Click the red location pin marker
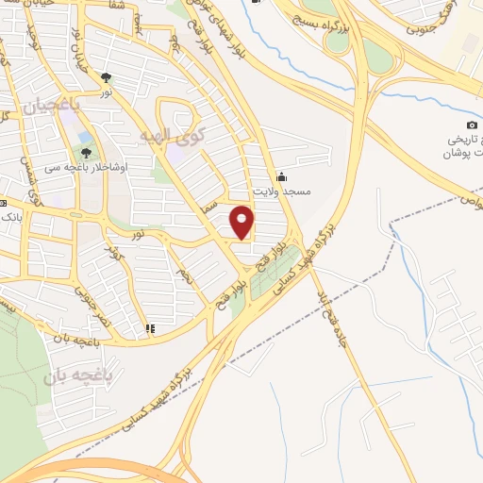[242, 222]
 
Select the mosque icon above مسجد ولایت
[281, 175]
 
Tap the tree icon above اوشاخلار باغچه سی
[87, 150]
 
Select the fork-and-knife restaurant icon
[149, 329]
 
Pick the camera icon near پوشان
[472, 125]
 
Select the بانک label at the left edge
[12, 216]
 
